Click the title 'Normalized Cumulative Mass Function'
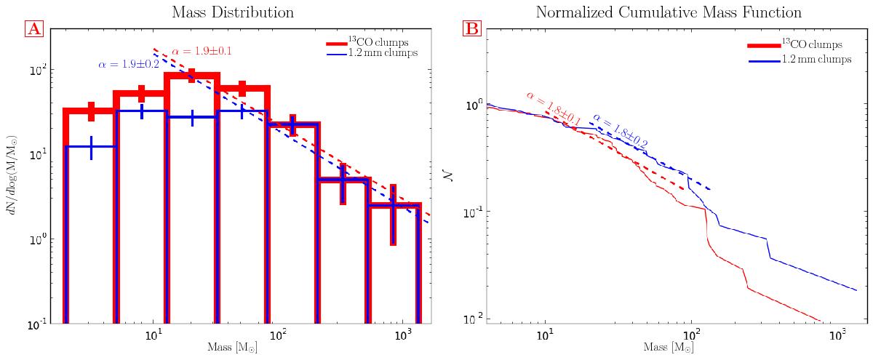[x=669, y=12]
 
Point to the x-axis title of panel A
[x=232, y=348]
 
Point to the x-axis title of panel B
[x=669, y=348]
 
